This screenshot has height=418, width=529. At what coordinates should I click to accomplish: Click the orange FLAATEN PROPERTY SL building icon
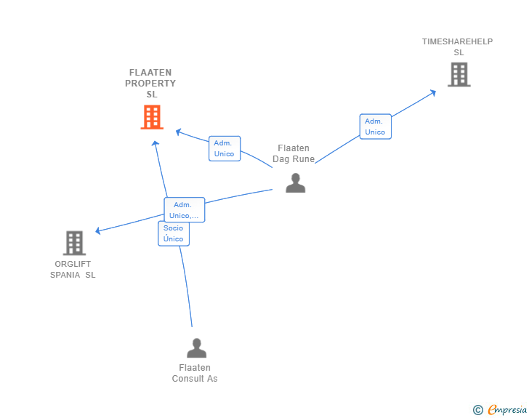pos(152,117)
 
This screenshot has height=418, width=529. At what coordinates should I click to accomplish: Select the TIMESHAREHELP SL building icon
pos(459,75)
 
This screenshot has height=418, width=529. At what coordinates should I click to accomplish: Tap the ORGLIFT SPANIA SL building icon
pos(74,243)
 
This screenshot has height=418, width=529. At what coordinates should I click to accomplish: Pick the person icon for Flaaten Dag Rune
pos(295,183)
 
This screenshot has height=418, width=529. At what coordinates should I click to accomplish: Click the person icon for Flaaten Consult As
pos(196,348)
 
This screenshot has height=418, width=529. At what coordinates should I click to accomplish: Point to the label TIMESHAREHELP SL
pos(458,47)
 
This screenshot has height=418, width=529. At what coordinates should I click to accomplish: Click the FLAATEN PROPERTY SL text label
pos(150,83)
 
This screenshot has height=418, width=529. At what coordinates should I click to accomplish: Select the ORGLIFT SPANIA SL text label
pos(73,270)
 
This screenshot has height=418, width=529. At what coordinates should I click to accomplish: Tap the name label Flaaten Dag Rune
pos(294,153)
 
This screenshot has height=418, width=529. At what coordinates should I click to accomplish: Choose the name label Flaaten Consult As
pos(195,373)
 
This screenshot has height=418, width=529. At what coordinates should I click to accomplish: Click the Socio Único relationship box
pos(174,233)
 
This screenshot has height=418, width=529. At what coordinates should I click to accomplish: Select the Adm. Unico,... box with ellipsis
pos(185,209)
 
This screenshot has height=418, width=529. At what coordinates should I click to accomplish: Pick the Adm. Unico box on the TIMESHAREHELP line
pos(375,126)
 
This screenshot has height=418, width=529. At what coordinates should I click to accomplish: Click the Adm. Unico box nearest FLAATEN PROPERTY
pos(225,148)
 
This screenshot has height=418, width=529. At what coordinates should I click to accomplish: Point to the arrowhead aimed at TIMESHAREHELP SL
pos(433,92)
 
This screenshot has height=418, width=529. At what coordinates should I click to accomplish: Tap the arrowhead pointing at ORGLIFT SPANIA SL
pos(98,230)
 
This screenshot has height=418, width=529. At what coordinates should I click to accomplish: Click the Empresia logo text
pos(507,410)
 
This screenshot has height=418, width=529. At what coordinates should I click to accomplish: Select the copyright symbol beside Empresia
pos(478,410)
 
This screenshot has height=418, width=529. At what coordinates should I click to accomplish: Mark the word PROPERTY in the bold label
pos(150,84)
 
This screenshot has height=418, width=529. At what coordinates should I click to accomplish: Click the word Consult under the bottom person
pos(188,379)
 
